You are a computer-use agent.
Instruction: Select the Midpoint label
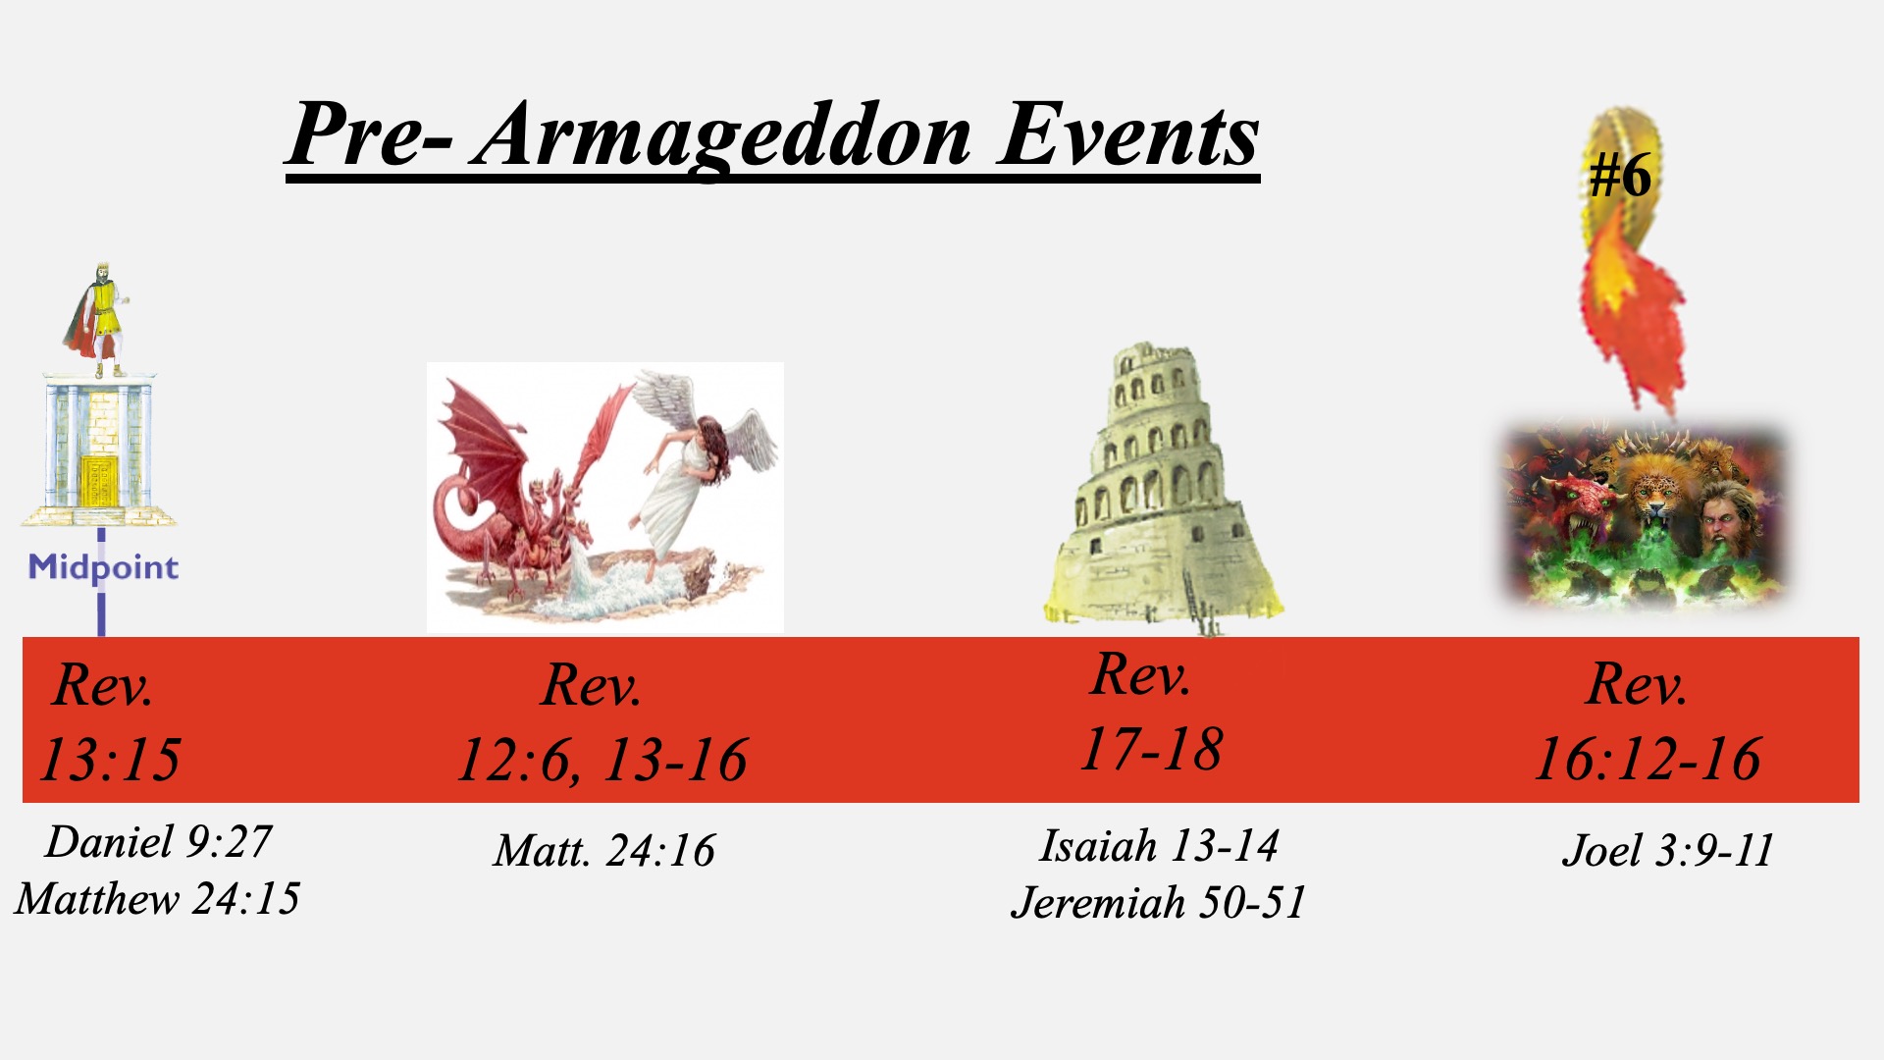(103, 568)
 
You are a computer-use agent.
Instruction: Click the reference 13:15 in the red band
(110, 759)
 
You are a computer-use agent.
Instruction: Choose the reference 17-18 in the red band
(1152, 750)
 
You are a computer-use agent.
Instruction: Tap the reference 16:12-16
(1648, 760)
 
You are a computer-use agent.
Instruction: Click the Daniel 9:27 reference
(158, 842)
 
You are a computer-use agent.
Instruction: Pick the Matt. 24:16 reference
(604, 851)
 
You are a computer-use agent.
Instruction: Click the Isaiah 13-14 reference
(1159, 846)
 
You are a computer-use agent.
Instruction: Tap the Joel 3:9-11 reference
(1668, 851)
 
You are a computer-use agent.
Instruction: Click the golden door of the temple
(98, 481)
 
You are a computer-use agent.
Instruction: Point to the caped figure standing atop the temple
(98, 320)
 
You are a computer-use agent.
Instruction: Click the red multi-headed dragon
(515, 491)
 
